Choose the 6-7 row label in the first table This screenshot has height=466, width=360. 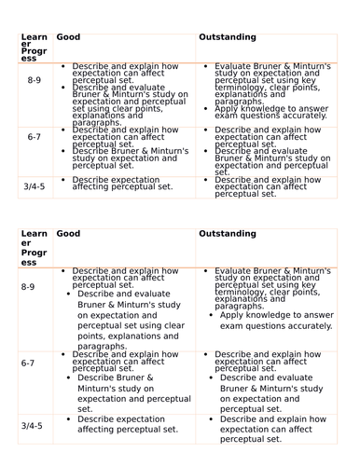coord(34,137)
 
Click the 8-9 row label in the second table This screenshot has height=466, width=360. coord(31,287)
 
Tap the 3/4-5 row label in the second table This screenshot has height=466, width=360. coord(32,425)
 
